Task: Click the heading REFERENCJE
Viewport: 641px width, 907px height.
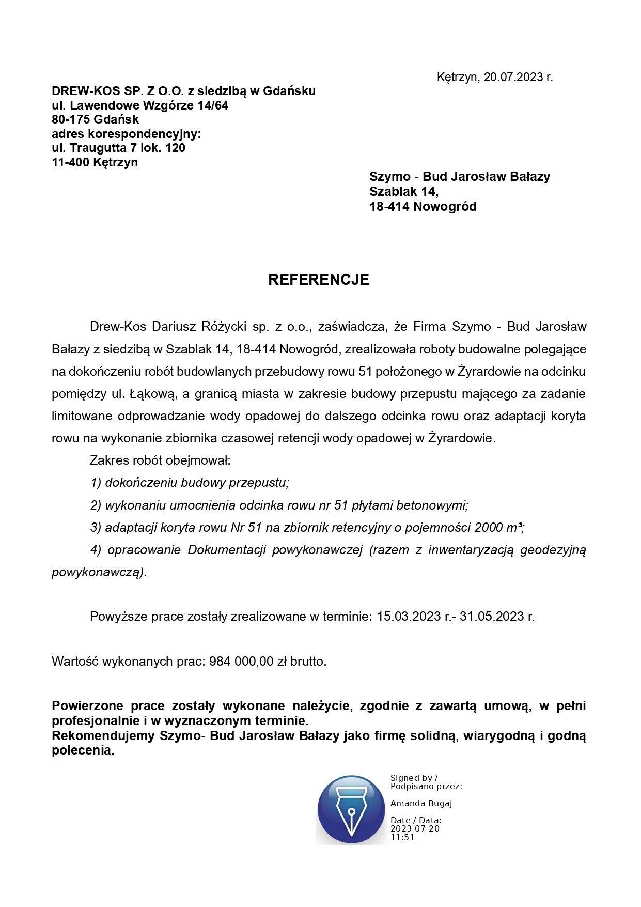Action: tap(318, 280)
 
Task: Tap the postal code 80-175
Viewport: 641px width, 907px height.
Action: tap(72, 119)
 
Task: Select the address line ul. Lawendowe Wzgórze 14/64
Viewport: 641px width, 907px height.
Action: tap(140, 105)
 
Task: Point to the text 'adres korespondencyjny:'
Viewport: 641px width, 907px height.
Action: tap(126, 134)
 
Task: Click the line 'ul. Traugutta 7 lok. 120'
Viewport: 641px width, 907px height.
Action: tap(118, 148)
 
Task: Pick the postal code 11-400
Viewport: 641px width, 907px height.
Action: tap(71, 162)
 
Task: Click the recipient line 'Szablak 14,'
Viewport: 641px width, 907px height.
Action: tap(404, 192)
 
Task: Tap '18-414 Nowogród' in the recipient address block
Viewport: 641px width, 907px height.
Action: tap(423, 207)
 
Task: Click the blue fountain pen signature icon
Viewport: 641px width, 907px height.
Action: tap(351, 810)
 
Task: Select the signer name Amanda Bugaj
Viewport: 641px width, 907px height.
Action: tap(421, 803)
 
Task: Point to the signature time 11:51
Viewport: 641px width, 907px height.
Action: tap(402, 838)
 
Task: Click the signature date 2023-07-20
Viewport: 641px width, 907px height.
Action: tap(415, 829)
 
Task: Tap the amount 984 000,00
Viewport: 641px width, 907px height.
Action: tap(241, 662)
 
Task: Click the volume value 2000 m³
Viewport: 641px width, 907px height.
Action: tap(498, 528)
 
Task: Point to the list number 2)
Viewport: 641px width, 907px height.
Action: tap(96, 505)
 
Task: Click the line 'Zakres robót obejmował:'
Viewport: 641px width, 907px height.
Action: tap(160, 460)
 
